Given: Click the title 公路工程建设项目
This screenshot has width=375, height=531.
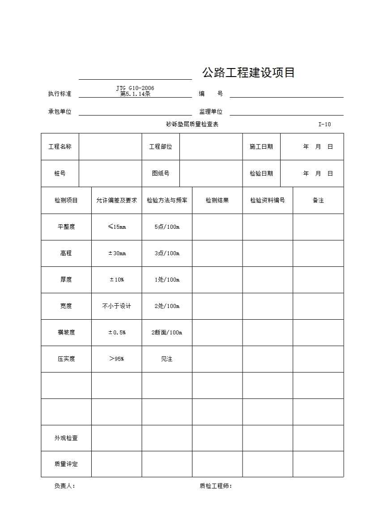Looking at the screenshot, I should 248,73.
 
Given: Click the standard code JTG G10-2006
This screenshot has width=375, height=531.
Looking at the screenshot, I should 135,88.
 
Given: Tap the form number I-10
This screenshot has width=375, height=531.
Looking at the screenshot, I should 324,124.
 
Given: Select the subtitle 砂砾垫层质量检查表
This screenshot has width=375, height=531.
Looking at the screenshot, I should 192,124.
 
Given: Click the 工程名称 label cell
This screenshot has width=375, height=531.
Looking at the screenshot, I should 60,147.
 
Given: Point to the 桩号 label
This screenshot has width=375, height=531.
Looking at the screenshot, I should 60,174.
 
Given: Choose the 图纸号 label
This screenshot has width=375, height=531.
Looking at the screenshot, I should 161,174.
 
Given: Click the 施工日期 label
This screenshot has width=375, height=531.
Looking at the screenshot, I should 261,147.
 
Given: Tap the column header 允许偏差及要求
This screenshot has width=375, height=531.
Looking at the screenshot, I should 116,201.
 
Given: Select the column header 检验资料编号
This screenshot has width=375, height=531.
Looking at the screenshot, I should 268,201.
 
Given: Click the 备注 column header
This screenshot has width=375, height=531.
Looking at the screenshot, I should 318,201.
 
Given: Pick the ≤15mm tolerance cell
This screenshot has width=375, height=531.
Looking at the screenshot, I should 117,227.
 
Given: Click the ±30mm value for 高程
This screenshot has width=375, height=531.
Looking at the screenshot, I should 117,253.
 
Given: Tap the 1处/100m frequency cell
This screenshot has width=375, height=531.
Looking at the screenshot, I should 167,280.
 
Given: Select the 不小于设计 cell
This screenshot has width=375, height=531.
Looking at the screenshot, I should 117,306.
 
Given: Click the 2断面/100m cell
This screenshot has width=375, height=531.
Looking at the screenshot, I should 167,333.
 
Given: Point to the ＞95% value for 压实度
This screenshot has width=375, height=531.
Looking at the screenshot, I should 117,359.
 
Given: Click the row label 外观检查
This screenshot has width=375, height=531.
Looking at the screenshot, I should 66,438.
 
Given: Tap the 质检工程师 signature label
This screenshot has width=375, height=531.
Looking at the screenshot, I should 216,486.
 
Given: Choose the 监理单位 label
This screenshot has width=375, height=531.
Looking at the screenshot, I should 211,112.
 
